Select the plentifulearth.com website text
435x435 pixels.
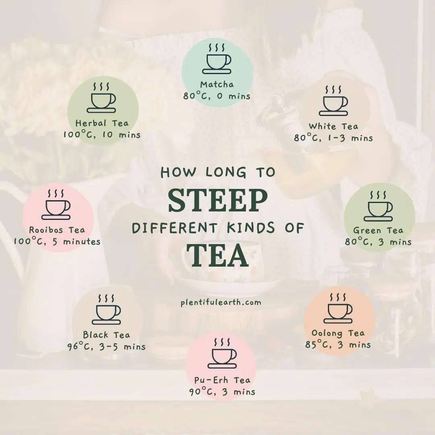pyautogui.click(x=221, y=302)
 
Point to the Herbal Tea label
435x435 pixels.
pyautogui.click(x=102, y=123)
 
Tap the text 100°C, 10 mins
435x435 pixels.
pyautogui.click(x=102, y=135)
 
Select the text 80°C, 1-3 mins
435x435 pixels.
pyautogui.click(x=333, y=138)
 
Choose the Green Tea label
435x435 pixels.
pyautogui.click(x=378, y=230)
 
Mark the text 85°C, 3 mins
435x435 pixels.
pyautogui.click(x=338, y=345)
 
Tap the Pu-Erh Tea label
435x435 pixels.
pyautogui.click(x=222, y=380)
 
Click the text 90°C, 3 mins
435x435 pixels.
pyautogui.click(x=222, y=391)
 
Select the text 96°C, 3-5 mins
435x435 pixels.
pyautogui.click(x=106, y=346)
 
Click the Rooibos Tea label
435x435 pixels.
pyautogui.click(x=57, y=230)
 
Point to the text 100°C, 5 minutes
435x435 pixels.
pyautogui.click(x=57, y=242)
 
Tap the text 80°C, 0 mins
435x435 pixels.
pyautogui.click(x=217, y=96)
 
